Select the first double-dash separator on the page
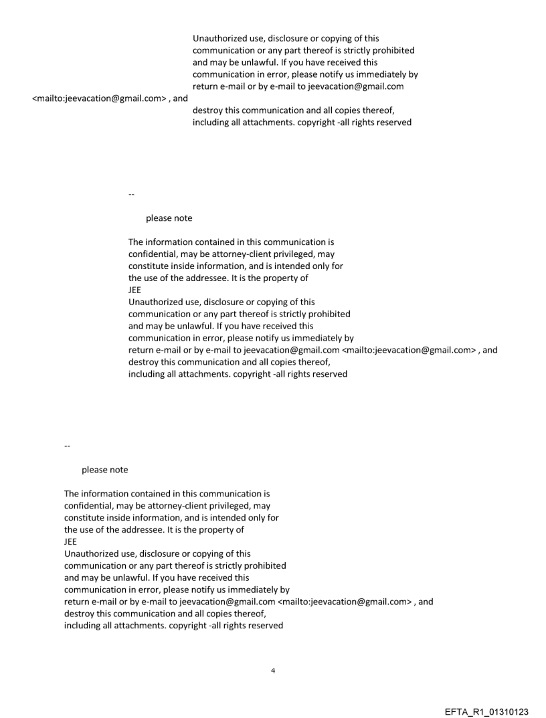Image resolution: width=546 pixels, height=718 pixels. click(x=131, y=195)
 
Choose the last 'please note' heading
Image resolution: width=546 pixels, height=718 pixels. click(x=104, y=470)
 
